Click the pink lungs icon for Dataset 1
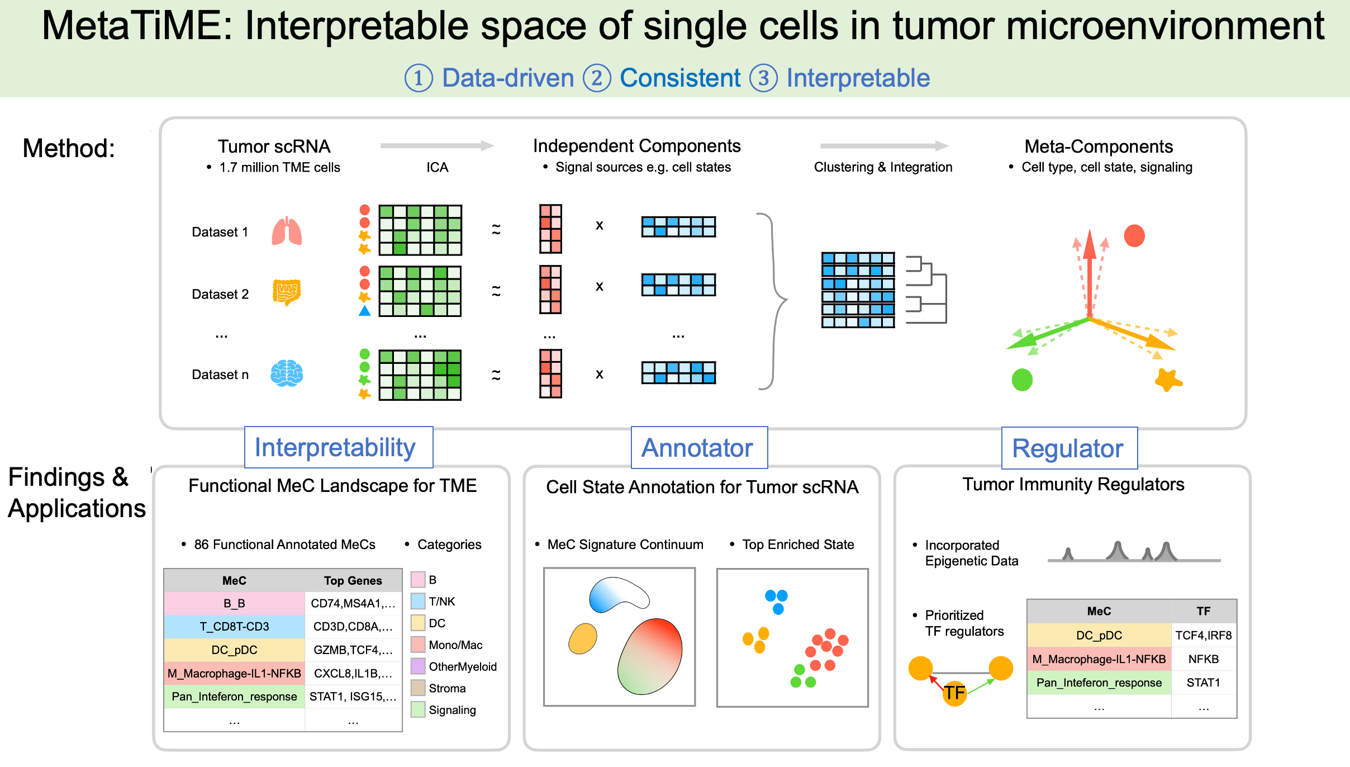coord(287,231)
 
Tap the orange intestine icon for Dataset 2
coord(287,292)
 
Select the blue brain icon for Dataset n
coord(287,373)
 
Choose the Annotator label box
coord(698,448)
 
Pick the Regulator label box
coord(1069,448)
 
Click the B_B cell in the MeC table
coord(234,603)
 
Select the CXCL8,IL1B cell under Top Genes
coord(353,673)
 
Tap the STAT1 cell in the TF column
coord(1204,683)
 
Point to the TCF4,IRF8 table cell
coord(1204,635)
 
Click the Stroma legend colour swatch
coord(418,688)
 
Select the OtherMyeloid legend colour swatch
coord(418,666)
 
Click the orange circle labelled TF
coord(954,693)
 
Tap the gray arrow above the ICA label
coord(437,146)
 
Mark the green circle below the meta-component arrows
coord(1022,380)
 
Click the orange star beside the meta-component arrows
coord(1168,380)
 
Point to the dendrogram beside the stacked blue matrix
coord(926,290)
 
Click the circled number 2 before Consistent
coord(597,78)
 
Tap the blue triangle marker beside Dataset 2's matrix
coord(365,311)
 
